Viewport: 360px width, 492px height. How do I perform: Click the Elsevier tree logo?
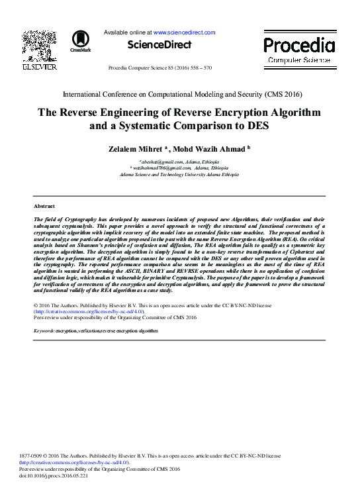(39, 45)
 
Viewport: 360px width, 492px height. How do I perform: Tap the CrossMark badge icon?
(81, 40)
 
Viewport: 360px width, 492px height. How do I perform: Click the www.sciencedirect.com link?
(185, 32)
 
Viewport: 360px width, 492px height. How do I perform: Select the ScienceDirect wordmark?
(159, 45)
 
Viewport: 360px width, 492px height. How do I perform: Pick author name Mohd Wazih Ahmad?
(214, 149)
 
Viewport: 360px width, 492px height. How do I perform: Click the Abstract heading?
(44, 207)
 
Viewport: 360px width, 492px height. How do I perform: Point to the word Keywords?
(44, 330)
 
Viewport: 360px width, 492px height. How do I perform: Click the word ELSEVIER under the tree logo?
(39, 68)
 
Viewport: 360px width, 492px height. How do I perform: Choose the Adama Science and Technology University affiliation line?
(179, 175)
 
